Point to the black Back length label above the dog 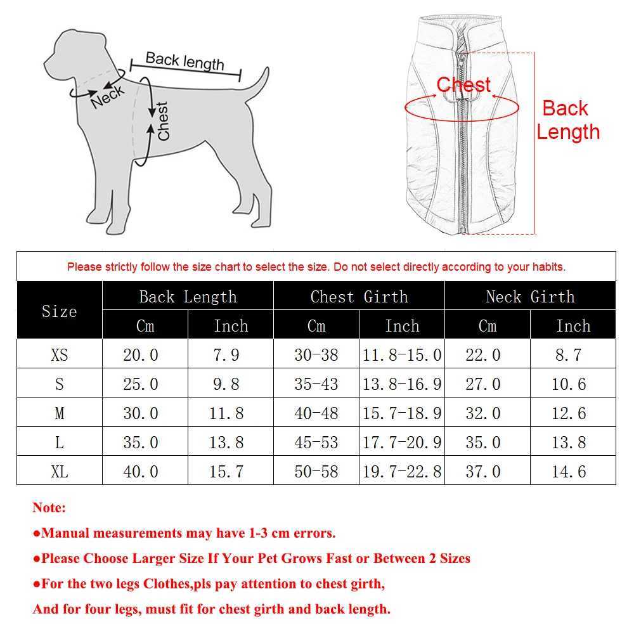[x=184, y=61]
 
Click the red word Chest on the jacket [x=463, y=85]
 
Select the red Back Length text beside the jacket [x=567, y=120]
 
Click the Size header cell [x=59, y=311]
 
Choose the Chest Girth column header [x=359, y=297]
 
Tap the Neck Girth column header [x=530, y=297]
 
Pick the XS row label [x=59, y=355]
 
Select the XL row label [x=59, y=472]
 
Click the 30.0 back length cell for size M [x=141, y=413]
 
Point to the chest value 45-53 [x=316, y=443]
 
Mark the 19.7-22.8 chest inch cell [x=402, y=472]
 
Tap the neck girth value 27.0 [x=483, y=384]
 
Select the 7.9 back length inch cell [x=226, y=355]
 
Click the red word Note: [x=49, y=508]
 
